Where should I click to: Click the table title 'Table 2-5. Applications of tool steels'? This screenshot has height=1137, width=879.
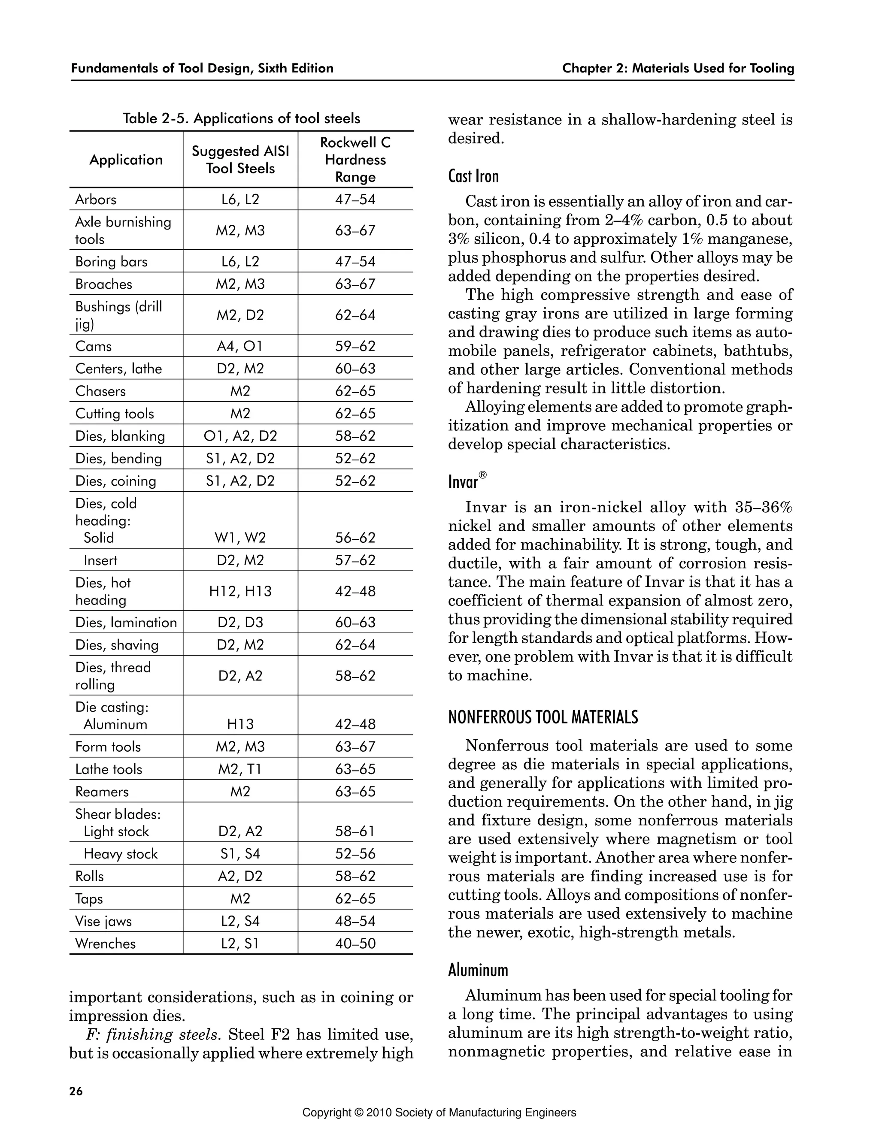click(241, 119)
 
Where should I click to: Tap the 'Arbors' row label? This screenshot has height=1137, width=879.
click(96, 200)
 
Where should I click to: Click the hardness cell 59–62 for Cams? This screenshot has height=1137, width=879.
click(355, 346)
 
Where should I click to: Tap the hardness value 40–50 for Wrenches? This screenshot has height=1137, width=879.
click(355, 943)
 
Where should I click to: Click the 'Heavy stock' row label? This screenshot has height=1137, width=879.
click(120, 854)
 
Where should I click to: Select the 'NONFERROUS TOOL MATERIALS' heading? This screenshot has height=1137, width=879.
click(543, 717)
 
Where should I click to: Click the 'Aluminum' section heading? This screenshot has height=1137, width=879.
click(478, 971)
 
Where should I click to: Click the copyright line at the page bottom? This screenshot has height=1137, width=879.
click(439, 1113)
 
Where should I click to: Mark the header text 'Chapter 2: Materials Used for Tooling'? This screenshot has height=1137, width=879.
click(678, 69)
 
